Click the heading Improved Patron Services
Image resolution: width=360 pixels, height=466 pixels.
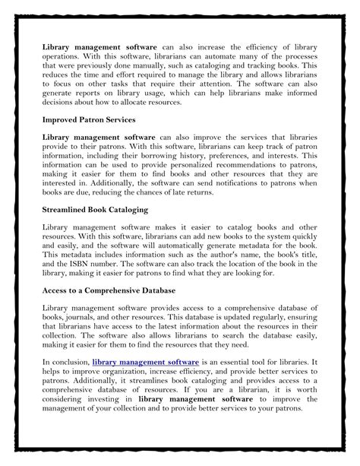90,119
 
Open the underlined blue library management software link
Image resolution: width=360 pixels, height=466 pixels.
146,363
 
